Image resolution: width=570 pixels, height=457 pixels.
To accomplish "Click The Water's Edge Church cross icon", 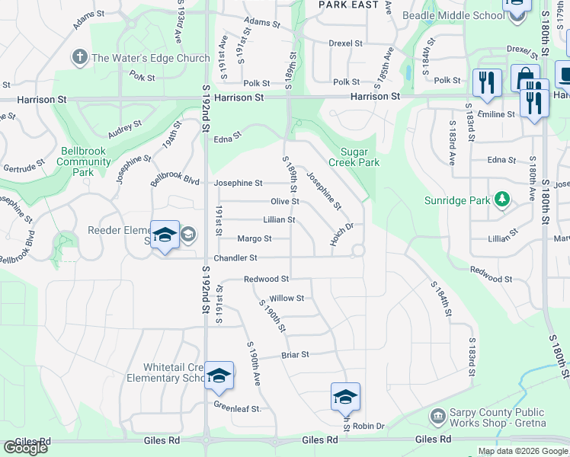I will (79, 57).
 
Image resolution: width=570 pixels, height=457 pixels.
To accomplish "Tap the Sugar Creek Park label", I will (354, 157).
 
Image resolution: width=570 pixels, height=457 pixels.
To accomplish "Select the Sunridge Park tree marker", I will (501, 200).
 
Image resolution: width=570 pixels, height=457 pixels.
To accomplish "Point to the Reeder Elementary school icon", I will (165, 235).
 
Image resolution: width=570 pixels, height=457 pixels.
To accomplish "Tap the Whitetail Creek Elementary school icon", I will (219, 376).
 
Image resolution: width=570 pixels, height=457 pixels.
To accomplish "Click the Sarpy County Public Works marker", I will (437, 416).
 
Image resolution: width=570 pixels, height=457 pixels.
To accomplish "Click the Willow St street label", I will (287, 299).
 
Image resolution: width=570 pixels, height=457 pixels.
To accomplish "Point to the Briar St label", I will (295, 355).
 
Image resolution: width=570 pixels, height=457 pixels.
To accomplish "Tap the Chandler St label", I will (235, 259).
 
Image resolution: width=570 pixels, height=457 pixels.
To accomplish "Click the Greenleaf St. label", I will (237, 408).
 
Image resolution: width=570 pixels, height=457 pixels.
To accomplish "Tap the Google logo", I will (25, 448).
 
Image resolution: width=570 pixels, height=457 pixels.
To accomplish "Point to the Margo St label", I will (255, 239).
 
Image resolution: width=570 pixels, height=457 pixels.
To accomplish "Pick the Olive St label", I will (284, 202).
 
